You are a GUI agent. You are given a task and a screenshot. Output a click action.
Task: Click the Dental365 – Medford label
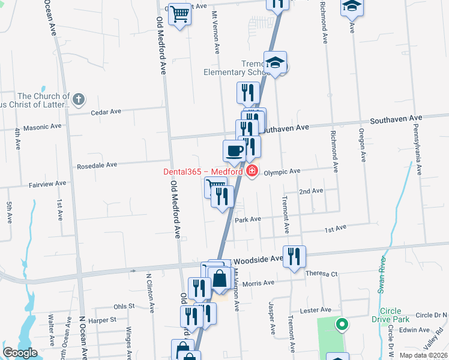[202, 172]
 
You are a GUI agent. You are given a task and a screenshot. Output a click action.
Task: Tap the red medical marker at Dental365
[252, 172]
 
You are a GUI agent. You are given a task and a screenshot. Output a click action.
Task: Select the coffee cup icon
[234, 150]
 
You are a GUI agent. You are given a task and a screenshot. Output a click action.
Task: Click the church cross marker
[79, 99]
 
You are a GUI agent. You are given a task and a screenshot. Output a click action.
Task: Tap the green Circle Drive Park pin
[342, 325]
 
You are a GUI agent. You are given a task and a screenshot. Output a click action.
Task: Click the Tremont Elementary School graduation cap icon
[276, 62]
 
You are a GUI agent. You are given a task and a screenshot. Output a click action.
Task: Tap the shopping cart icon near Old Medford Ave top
[180, 14]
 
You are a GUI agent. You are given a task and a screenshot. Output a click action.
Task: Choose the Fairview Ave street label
[47, 184]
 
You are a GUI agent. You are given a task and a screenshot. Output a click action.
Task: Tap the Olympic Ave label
[282, 171]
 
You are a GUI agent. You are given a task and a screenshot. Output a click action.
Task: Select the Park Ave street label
[248, 220]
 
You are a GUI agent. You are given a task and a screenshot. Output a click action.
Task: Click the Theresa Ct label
[322, 274]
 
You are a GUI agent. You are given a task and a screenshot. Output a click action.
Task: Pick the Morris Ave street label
[259, 283]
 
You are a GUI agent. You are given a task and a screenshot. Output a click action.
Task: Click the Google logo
[20, 353]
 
